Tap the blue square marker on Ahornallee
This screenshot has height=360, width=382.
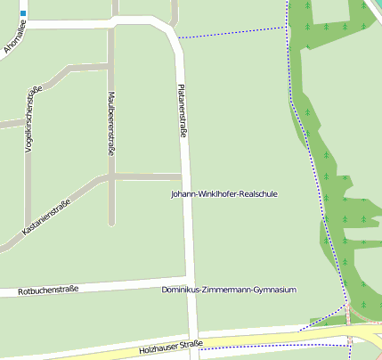[x=22, y=14]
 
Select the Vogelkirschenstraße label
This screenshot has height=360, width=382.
[x=29, y=123]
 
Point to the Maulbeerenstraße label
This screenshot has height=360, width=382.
[x=111, y=123]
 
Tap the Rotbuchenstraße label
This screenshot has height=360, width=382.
[x=48, y=290]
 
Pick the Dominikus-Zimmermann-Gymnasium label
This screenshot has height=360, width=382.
[x=229, y=290]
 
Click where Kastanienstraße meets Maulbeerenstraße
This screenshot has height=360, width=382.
[x=111, y=176]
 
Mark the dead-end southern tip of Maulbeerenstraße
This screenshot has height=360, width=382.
[x=111, y=224]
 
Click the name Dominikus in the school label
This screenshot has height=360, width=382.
[x=183, y=290]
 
